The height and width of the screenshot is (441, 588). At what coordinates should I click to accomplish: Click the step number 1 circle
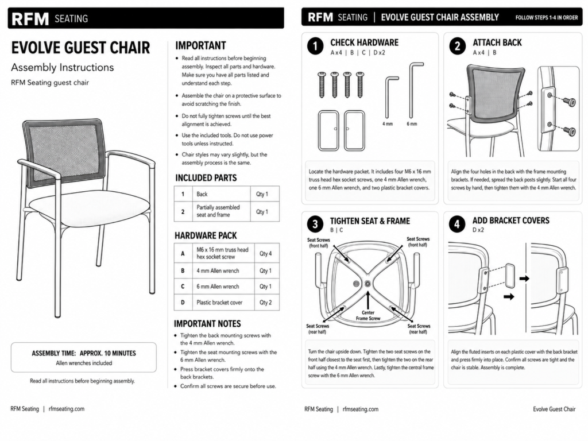click(x=315, y=47)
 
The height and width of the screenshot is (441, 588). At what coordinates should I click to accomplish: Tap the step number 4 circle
click(x=457, y=225)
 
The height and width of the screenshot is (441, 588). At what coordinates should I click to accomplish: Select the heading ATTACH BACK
click(x=497, y=42)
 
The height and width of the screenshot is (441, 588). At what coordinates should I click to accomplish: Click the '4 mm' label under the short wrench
click(x=388, y=124)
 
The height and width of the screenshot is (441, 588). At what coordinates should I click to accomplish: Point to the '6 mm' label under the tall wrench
click(x=412, y=124)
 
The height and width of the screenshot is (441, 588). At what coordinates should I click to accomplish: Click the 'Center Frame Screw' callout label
click(x=368, y=315)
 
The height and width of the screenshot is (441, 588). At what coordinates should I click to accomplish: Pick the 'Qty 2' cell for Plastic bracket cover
click(x=265, y=302)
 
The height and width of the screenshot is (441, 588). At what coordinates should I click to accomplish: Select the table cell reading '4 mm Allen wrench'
click(x=218, y=271)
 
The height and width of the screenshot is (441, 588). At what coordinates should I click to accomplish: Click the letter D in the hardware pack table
click(x=183, y=302)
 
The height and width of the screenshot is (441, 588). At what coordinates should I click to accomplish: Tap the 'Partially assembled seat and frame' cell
click(x=218, y=211)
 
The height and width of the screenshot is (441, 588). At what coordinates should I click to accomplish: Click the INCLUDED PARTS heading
click(x=206, y=178)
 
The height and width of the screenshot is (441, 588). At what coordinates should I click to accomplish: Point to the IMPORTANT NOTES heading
click(x=207, y=324)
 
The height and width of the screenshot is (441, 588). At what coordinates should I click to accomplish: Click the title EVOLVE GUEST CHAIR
click(x=80, y=48)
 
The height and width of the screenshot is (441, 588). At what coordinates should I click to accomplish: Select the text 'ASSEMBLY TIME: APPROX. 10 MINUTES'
click(x=84, y=353)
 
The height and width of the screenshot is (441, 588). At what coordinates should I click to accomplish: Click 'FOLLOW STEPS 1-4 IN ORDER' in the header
click(x=547, y=18)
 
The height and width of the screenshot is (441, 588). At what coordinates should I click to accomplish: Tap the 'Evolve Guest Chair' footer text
click(x=554, y=409)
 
